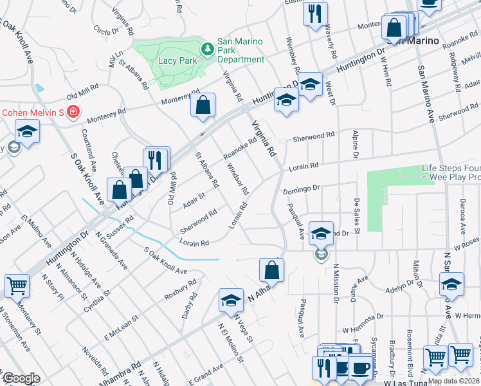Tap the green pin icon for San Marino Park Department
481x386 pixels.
[x=207, y=49]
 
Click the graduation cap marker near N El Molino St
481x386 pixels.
[x=230, y=300]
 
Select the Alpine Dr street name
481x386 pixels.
[x=354, y=143]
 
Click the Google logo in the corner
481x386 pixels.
[x=21, y=378]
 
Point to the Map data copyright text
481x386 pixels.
[x=453, y=381]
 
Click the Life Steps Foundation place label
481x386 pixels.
[x=451, y=172]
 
